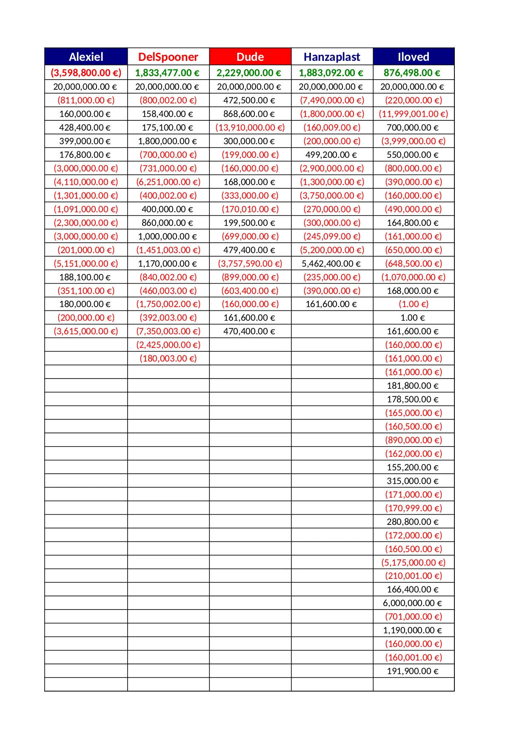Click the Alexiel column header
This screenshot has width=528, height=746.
click(x=86, y=57)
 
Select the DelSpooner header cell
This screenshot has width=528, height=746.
click(x=168, y=57)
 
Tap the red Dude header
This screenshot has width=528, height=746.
click(x=250, y=57)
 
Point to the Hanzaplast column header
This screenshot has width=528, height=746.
click(x=332, y=57)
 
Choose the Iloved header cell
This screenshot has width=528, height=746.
click(x=413, y=57)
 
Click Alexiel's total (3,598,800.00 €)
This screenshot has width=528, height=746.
click(x=86, y=73)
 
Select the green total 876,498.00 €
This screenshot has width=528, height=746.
click(x=412, y=73)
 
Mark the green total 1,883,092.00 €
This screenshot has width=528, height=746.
click(x=331, y=73)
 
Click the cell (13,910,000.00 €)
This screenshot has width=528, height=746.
click(x=250, y=127)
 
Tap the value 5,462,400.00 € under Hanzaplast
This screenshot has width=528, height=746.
click(x=331, y=263)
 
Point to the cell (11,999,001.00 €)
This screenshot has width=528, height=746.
click(x=413, y=114)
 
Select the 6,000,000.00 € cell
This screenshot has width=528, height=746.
click(x=412, y=603)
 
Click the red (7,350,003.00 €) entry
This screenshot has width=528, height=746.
click(x=168, y=331)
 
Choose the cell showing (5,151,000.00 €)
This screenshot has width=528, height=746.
click(x=86, y=263)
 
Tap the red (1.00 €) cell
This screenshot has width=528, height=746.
click(x=413, y=304)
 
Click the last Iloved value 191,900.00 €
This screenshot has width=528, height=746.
click(x=412, y=671)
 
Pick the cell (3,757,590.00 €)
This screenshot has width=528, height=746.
click(x=250, y=263)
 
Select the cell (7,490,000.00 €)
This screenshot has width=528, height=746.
click(x=332, y=100)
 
